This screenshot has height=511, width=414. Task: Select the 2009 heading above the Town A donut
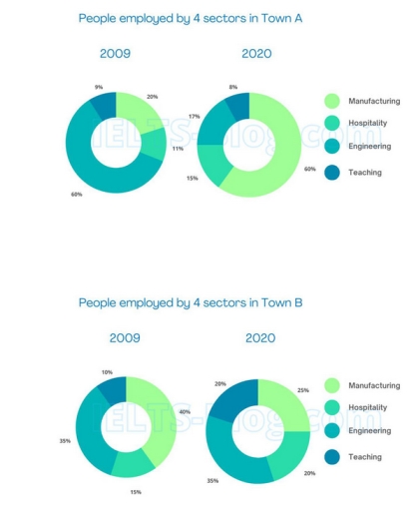pyautogui.click(x=115, y=55)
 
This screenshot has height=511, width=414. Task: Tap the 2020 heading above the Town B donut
pyautogui.click(x=260, y=338)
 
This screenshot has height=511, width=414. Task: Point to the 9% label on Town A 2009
pyautogui.click(x=99, y=87)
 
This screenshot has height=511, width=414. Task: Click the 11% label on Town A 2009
pyautogui.click(x=178, y=148)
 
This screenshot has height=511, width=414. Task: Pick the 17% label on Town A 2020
pyautogui.click(x=194, y=117)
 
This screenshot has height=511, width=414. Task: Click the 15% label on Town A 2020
pyautogui.click(x=192, y=178)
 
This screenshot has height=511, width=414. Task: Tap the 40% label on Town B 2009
pyautogui.click(x=185, y=410)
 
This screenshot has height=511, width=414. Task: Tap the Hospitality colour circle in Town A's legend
pyautogui.click(x=332, y=124)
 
